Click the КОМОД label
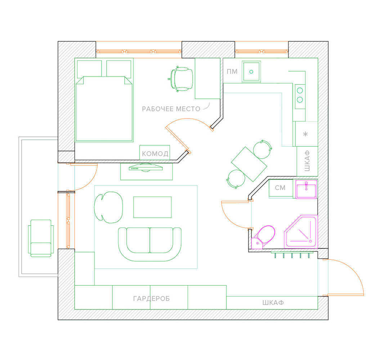(x=155, y=154)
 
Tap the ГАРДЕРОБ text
(x=152, y=298)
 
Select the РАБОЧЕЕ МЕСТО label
(x=171, y=109)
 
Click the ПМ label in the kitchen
(x=232, y=71)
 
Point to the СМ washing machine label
(x=280, y=188)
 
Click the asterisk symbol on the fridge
(x=305, y=134)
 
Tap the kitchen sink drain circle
(x=251, y=72)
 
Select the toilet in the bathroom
(x=263, y=237)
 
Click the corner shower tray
(x=301, y=231)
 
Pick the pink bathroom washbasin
(x=306, y=189)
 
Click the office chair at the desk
(x=181, y=79)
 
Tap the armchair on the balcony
(x=41, y=238)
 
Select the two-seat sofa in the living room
(x=150, y=244)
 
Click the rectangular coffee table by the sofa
(x=152, y=207)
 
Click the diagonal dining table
(x=249, y=164)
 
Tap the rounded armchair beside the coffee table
(x=108, y=207)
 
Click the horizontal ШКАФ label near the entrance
(x=273, y=302)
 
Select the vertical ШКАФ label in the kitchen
(x=307, y=161)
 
